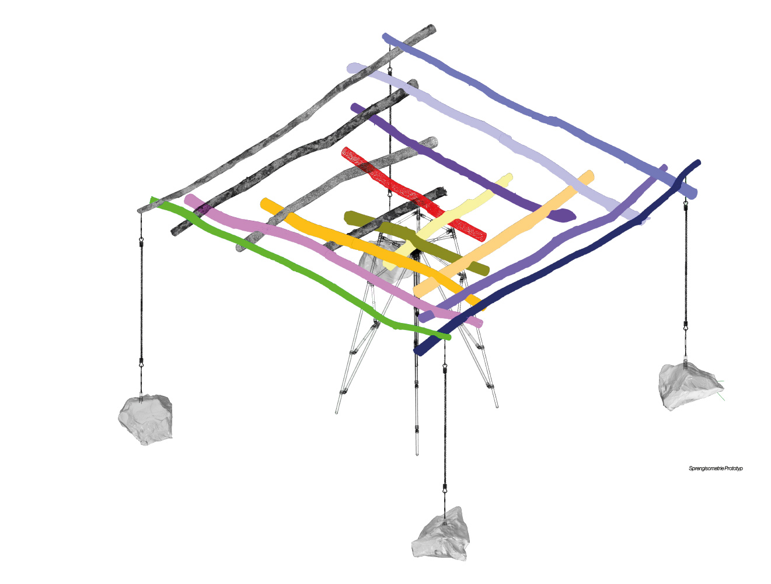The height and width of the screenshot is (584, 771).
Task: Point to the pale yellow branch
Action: pos(448,221)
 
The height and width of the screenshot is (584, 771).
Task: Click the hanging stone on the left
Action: pos(145,419)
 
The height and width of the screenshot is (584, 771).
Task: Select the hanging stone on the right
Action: pos(689,386)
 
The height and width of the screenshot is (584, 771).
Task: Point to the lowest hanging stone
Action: pos(441,535)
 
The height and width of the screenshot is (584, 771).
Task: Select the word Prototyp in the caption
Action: pos(734,468)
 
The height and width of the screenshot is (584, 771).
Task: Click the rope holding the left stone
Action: pos(141,302)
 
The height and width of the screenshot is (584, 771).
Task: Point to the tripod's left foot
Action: pos(337,412)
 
